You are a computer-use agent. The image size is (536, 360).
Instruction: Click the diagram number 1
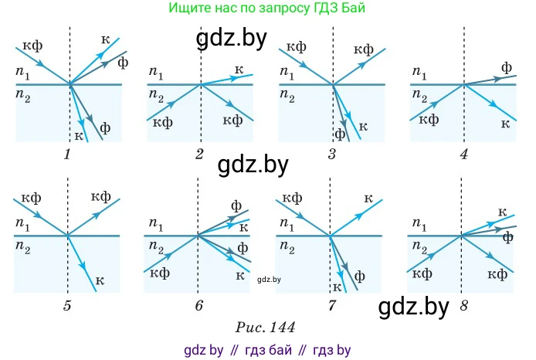tap(67, 155)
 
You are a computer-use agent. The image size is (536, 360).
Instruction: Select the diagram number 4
tap(463, 155)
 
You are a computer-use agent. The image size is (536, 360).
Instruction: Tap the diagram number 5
tap(67, 305)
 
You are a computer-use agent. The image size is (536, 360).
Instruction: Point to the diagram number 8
tap(463, 305)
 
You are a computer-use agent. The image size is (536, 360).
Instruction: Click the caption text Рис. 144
tap(265, 328)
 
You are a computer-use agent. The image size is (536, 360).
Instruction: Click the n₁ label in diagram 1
tap(22, 73)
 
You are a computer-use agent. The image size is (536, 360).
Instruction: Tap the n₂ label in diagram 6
tap(156, 247)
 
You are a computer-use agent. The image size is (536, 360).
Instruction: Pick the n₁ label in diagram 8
tap(419, 224)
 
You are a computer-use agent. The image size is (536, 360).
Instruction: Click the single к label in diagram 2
tap(239, 70)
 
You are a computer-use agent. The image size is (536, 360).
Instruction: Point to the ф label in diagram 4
tap(507, 68)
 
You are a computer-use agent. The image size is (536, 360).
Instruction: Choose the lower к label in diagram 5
tap(100, 280)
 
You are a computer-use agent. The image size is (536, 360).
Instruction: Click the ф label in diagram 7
tap(359, 276)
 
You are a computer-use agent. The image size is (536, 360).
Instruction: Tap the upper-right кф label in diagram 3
tap(363, 50)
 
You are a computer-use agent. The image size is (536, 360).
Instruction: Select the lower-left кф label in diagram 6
tap(160, 273)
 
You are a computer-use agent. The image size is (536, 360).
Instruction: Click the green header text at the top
tap(267, 8)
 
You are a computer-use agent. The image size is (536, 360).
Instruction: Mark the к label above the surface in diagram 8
tap(502, 212)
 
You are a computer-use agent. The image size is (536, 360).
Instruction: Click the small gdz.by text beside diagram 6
tap(269, 280)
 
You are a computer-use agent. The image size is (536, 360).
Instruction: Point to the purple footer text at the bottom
tap(267, 350)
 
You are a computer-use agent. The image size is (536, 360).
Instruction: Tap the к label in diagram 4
tap(506, 124)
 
